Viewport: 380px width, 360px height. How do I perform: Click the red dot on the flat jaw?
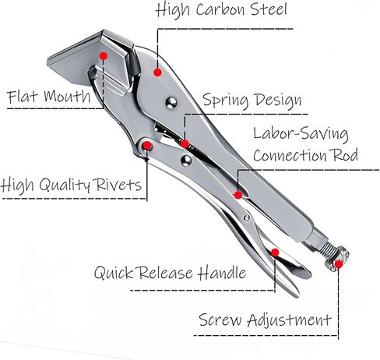click(x=104, y=55)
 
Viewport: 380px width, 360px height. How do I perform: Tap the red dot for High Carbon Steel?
click(x=157, y=72)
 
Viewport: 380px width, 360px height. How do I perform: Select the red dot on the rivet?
click(x=147, y=146)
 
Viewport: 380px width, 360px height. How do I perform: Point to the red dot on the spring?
click(x=185, y=143)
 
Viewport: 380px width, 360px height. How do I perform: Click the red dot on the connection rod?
click(x=238, y=195)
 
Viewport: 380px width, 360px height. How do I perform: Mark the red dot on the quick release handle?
click(x=275, y=252)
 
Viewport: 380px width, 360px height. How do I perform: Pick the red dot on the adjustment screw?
click(x=339, y=264)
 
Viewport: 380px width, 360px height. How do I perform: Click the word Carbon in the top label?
click(x=220, y=9)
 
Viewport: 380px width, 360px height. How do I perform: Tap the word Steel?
click(x=269, y=9)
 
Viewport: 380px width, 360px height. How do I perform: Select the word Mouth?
click(x=67, y=96)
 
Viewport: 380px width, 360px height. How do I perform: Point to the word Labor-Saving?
click(x=301, y=134)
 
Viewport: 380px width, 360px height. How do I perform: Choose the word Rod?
click(x=346, y=155)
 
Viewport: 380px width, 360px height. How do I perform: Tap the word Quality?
click(x=65, y=185)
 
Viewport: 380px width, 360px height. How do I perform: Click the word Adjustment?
click(x=289, y=320)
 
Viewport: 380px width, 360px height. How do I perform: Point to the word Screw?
click(x=220, y=319)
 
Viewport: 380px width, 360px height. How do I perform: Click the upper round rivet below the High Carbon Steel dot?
click(x=171, y=103)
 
